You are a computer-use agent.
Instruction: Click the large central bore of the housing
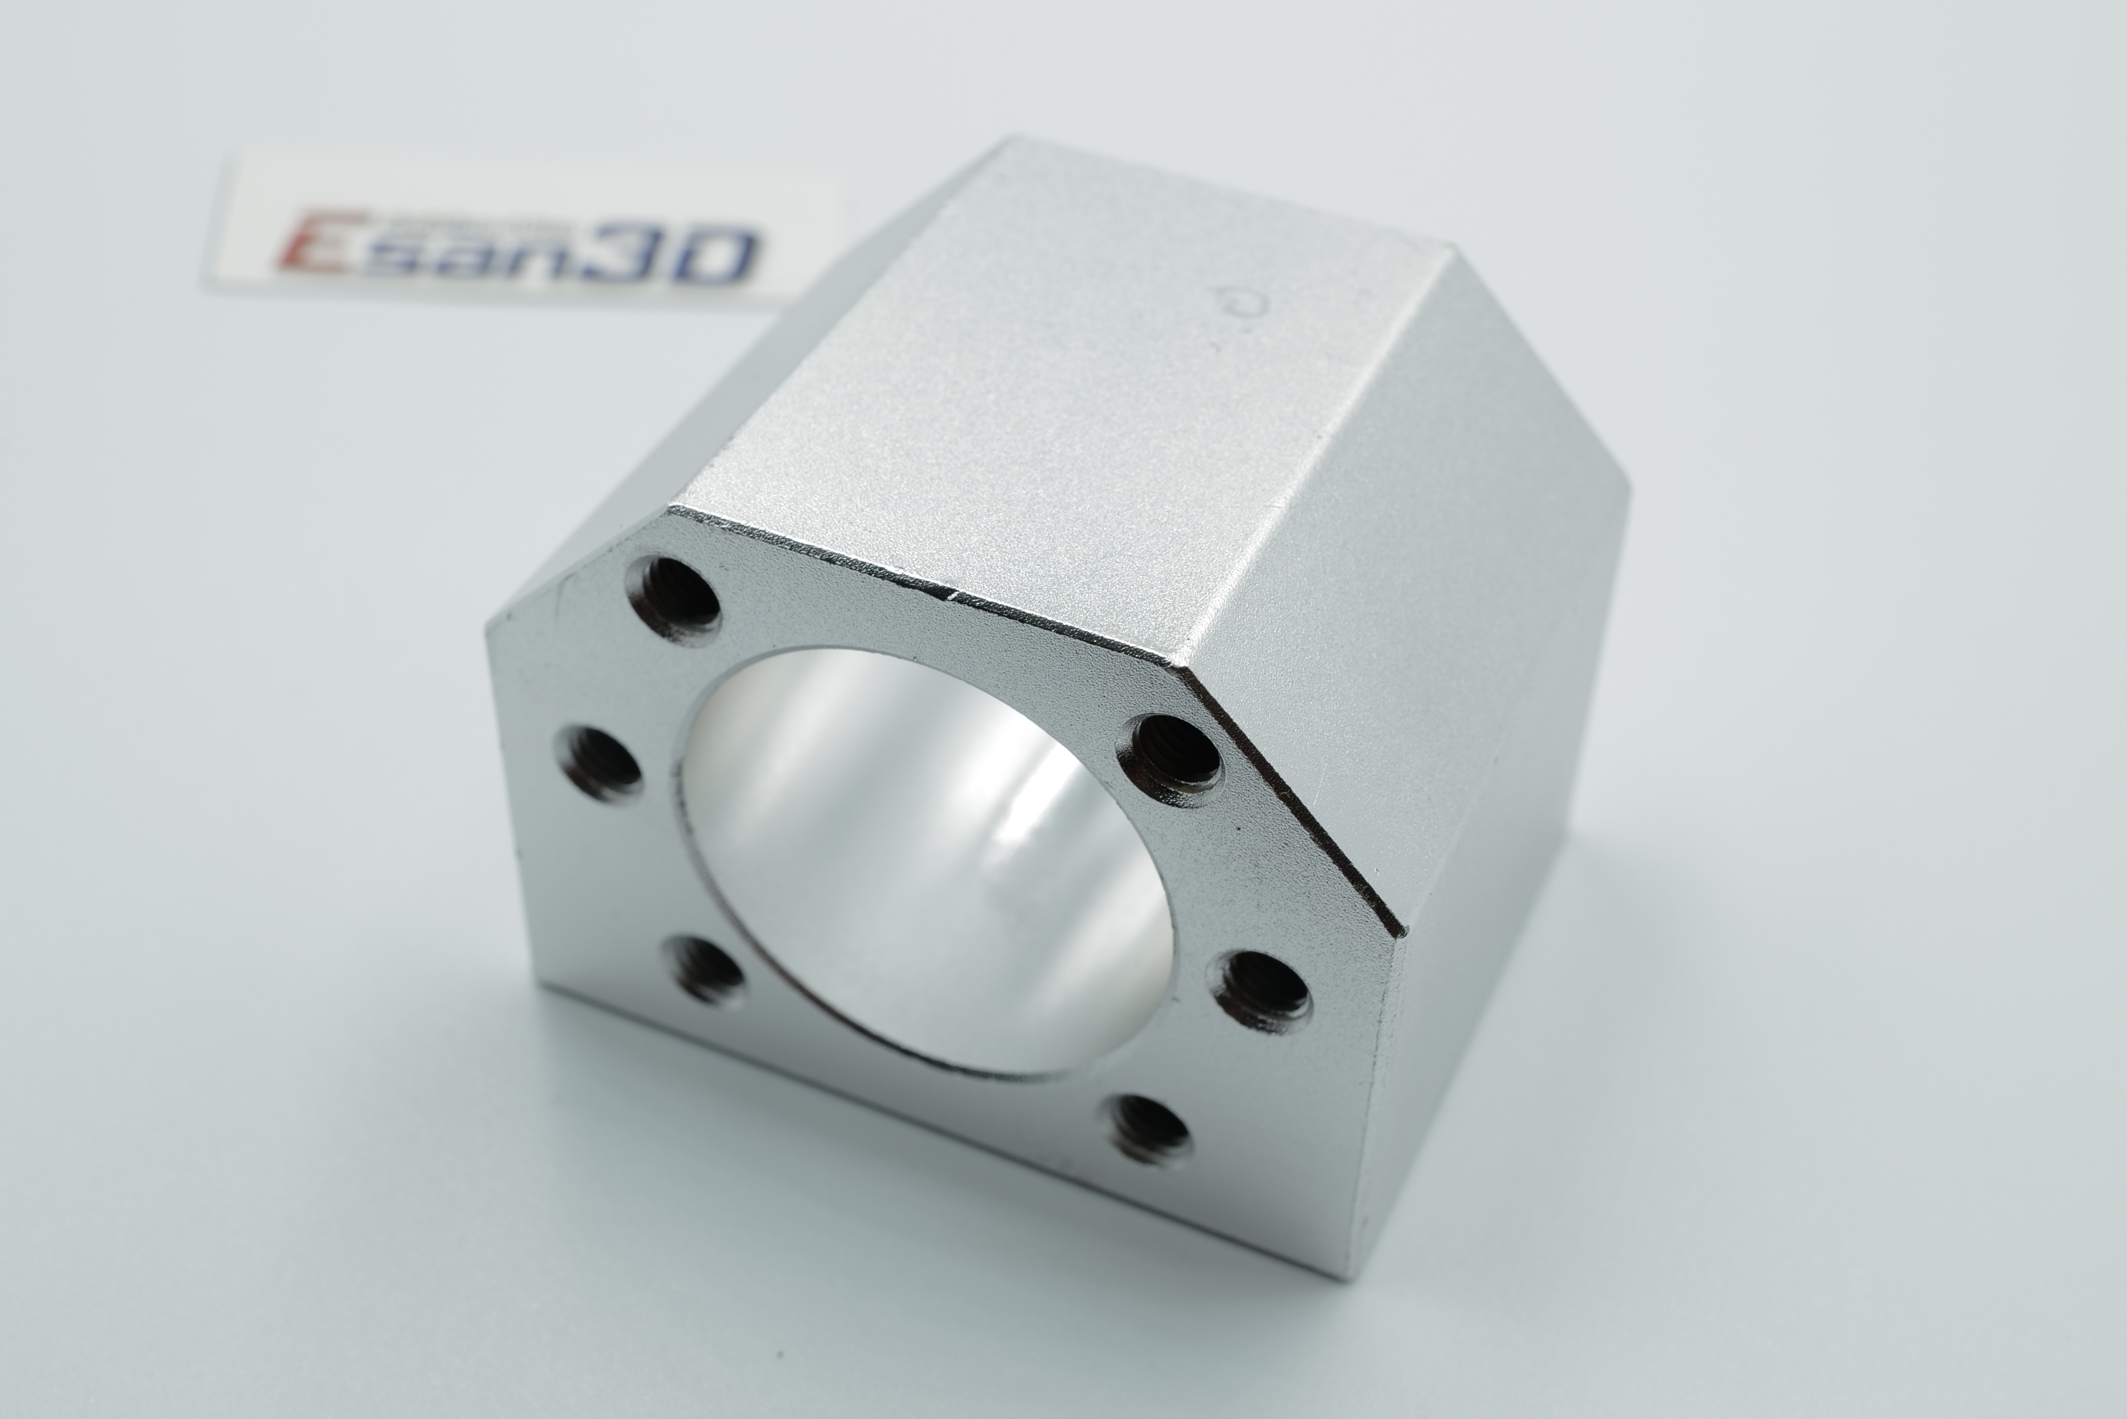click(x=923, y=860)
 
